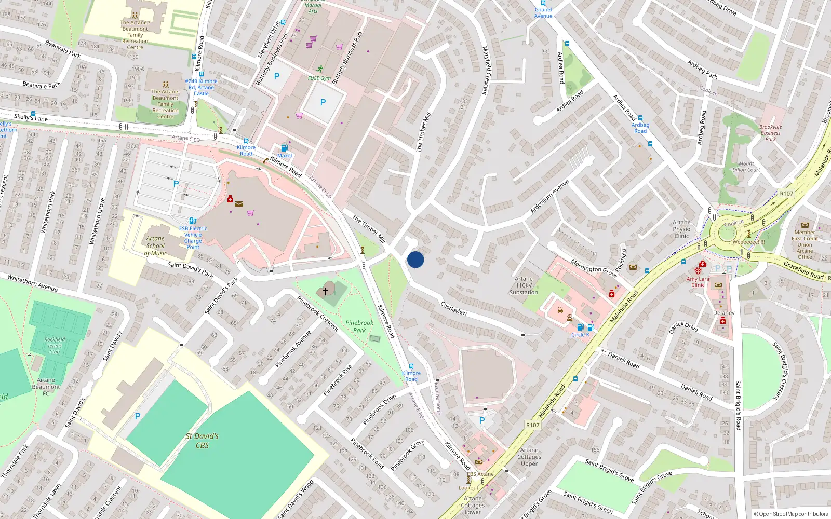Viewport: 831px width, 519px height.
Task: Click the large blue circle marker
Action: (x=415, y=259)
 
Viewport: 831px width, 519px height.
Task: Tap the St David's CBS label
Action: (x=202, y=441)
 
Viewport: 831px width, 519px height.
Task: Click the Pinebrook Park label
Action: (x=359, y=326)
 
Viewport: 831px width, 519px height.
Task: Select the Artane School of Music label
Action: (x=155, y=246)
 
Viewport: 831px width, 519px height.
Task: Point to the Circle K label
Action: (x=580, y=335)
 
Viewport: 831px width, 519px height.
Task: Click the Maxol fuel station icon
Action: (x=284, y=148)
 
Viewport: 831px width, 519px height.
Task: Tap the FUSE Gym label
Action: (x=319, y=78)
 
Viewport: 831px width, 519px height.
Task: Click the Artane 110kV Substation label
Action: (x=524, y=285)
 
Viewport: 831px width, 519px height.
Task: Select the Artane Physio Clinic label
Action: (x=681, y=229)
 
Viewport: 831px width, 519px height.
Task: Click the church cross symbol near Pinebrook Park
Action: (x=326, y=291)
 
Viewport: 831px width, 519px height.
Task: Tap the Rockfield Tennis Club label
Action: (x=55, y=346)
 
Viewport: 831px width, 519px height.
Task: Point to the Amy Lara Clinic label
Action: (x=698, y=282)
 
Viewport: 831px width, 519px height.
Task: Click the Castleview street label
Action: (x=453, y=308)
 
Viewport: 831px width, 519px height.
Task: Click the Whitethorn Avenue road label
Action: (x=32, y=283)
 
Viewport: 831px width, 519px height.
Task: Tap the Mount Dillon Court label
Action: (x=746, y=167)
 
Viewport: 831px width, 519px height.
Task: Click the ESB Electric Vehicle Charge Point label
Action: (x=193, y=238)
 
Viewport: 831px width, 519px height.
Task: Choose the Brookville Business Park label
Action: (x=770, y=133)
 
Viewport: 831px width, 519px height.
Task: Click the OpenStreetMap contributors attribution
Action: (x=790, y=514)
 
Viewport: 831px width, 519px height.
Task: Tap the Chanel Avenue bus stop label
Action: (x=543, y=12)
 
